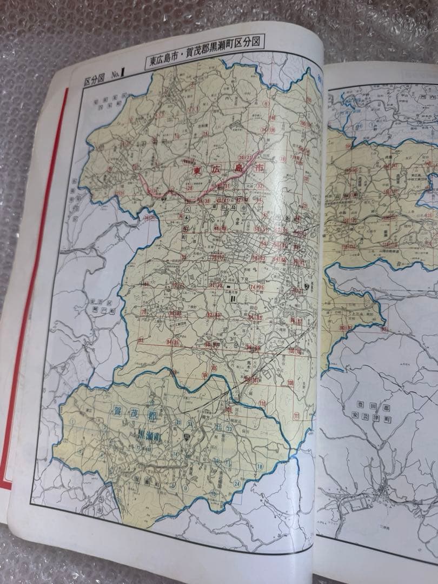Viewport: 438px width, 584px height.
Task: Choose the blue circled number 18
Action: [260, 466]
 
